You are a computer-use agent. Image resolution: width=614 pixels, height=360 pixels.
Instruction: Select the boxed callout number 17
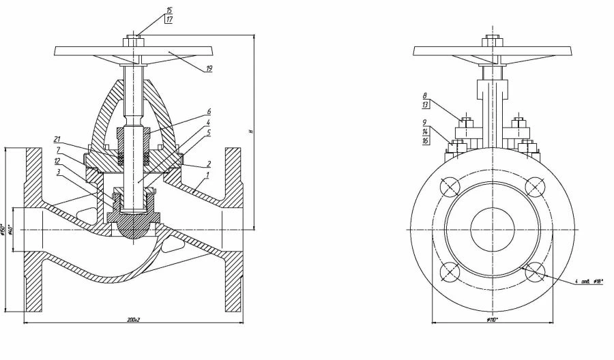click(x=169, y=20)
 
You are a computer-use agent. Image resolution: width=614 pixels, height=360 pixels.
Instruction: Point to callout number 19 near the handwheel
click(x=208, y=69)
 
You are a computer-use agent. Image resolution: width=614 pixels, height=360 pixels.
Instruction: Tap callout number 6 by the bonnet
click(x=209, y=111)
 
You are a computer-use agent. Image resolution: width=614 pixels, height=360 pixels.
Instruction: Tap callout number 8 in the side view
click(x=424, y=96)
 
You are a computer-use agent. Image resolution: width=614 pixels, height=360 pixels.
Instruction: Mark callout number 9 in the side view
click(x=424, y=123)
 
